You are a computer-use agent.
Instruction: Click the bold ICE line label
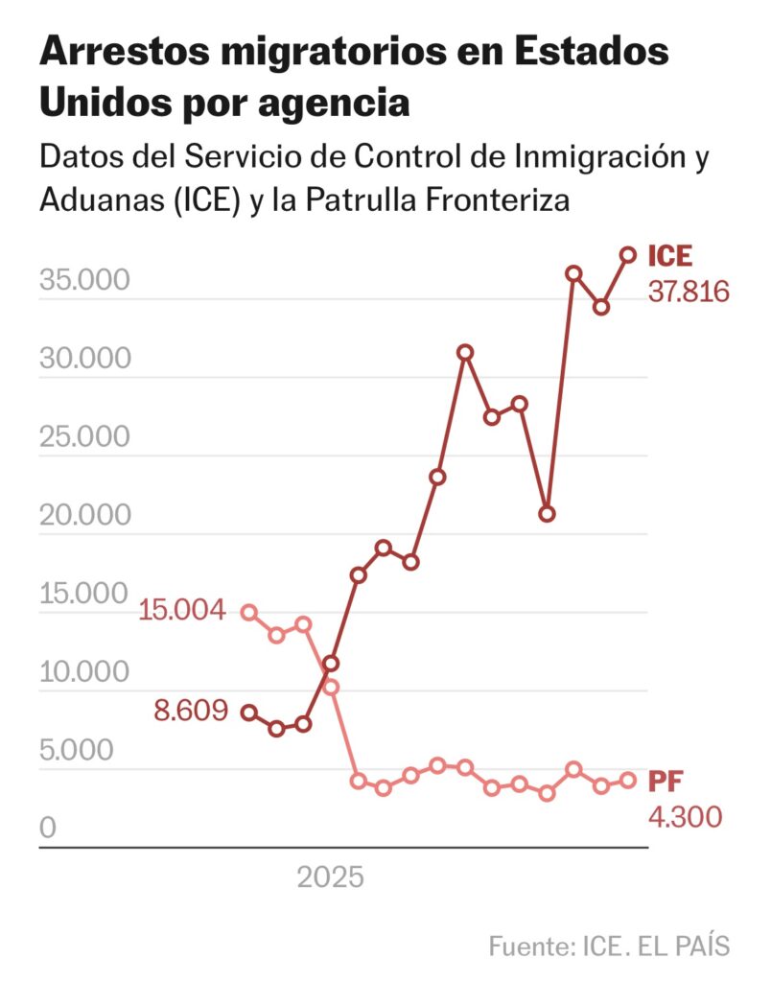[x=669, y=257]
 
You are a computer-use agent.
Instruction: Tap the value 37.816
[x=688, y=291]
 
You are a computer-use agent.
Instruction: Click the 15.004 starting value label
[x=182, y=610]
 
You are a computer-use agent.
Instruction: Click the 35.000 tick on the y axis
[x=83, y=281]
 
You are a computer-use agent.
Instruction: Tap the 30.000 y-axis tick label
[x=83, y=360]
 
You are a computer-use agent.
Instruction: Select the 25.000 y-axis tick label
[x=83, y=438]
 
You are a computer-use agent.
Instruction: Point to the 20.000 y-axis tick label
[x=83, y=516]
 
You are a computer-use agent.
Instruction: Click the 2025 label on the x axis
[x=330, y=877]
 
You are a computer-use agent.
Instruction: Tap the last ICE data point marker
[x=628, y=255]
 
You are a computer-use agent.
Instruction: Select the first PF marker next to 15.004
[x=249, y=612]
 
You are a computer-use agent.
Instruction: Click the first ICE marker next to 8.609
[x=249, y=712]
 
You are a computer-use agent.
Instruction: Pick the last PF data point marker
[x=628, y=781]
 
